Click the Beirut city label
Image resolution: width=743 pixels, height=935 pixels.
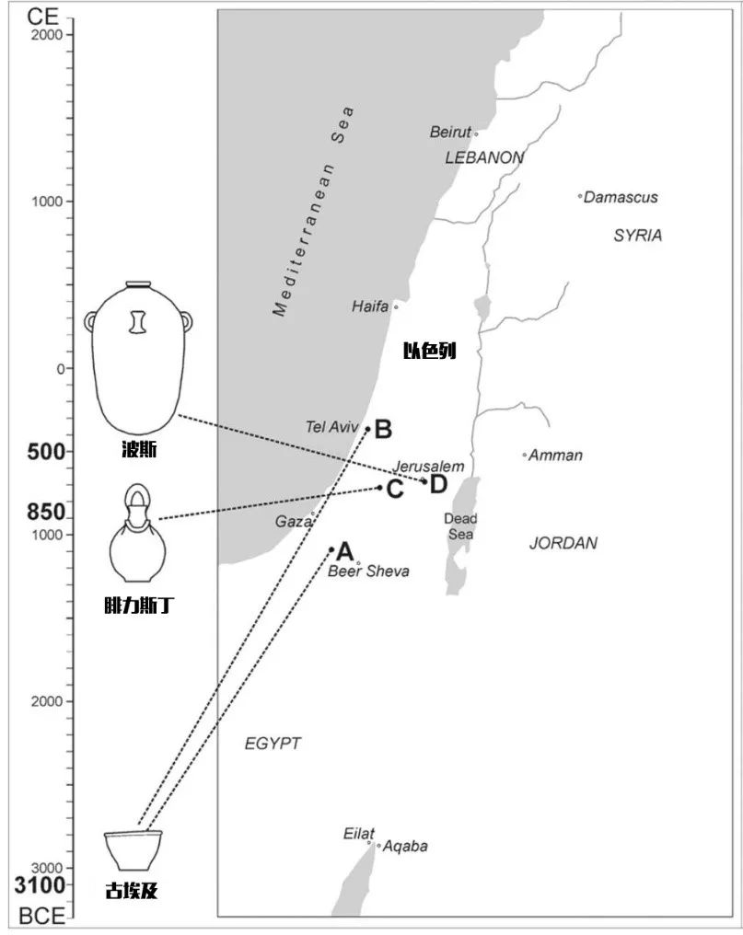click(450, 132)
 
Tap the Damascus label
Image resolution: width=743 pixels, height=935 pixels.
click(621, 197)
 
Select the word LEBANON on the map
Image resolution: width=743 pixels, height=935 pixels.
click(484, 157)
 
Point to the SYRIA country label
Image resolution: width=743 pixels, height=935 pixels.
click(638, 236)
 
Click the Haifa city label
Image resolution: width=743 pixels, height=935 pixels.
click(370, 306)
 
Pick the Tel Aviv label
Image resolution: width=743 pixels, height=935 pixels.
click(331, 427)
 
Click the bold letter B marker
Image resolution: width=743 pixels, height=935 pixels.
click(383, 430)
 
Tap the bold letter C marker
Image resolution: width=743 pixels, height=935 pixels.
click(395, 490)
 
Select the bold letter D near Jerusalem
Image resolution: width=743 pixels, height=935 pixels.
click(438, 483)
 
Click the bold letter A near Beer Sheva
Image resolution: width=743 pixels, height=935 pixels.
click(345, 551)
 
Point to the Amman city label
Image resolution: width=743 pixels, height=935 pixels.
click(555, 456)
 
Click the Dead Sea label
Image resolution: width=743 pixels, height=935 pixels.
click(460, 526)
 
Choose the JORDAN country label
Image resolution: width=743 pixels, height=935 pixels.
click(563, 543)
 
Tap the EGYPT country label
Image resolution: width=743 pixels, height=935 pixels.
click(273, 744)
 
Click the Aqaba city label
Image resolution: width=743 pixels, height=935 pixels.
click(405, 846)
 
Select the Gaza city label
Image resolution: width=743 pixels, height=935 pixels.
click(293, 522)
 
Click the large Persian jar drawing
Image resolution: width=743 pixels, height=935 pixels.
click(138, 358)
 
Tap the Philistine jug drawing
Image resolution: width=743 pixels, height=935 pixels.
click(138, 533)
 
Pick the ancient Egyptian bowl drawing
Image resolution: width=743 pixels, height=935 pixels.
click(134, 850)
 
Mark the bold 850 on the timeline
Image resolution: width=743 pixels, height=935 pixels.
click(46, 512)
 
